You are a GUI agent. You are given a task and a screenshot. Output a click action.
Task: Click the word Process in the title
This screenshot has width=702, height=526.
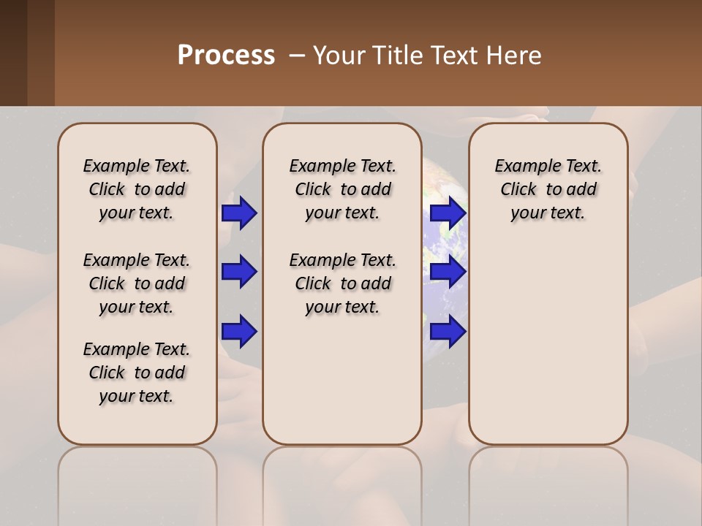click(226, 56)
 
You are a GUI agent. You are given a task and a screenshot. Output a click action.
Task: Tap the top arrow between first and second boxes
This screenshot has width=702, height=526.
click(238, 213)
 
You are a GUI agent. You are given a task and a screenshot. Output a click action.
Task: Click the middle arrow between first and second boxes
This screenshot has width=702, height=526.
click(238, 272)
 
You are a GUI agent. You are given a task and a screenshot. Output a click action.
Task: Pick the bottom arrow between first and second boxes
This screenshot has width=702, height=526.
click(238, 332)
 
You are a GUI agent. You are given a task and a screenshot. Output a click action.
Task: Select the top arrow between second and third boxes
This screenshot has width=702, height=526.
click(448, 213)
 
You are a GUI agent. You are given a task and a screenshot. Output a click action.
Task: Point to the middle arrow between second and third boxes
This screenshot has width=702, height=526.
click(448, 272)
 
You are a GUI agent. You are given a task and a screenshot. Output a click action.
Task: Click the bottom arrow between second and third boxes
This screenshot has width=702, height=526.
click(448, 332)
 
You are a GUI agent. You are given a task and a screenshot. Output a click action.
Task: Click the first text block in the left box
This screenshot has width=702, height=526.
click(137, 189)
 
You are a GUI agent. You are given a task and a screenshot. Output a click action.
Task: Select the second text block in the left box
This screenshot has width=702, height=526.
click(137, 283)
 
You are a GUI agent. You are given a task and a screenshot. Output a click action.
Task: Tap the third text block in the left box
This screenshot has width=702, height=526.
click(137, 373)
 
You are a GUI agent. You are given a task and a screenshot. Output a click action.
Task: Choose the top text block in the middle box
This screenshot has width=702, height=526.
click(342, 189)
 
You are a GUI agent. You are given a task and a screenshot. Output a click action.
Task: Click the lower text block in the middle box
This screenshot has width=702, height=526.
click(342, 283)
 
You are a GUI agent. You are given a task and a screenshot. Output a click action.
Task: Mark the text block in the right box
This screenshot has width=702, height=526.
click(548, 189)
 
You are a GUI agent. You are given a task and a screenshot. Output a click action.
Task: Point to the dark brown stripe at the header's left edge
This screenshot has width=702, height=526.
click(13, 53)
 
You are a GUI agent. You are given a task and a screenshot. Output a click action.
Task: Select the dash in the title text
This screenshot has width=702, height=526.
click(296, 56)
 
